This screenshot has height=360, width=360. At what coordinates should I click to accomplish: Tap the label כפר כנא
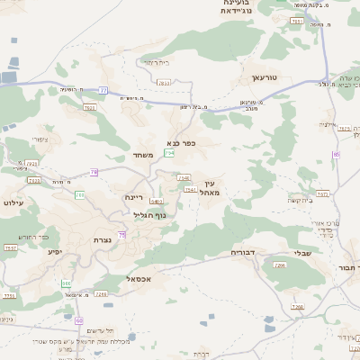[181, 142]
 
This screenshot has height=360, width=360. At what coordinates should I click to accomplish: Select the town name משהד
[144, 155]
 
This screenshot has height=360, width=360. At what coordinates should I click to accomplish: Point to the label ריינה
[134, 196]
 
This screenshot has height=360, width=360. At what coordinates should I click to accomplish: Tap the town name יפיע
[56, 251]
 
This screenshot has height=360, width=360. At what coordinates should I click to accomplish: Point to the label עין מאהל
[209, 187]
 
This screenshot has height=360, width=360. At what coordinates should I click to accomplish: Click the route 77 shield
[103, 90]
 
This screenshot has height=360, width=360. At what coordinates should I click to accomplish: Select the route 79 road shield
[94, 171]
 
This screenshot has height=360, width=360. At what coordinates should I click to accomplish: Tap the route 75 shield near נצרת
[122, 234]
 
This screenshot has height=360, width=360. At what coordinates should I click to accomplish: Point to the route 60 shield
[80, 320]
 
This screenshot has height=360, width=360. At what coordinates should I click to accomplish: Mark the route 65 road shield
[336, 154]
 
